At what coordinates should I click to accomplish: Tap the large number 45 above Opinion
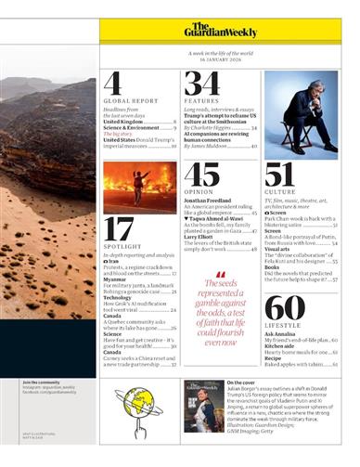coord(201,175)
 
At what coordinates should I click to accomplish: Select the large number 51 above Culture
coord(279,175)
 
